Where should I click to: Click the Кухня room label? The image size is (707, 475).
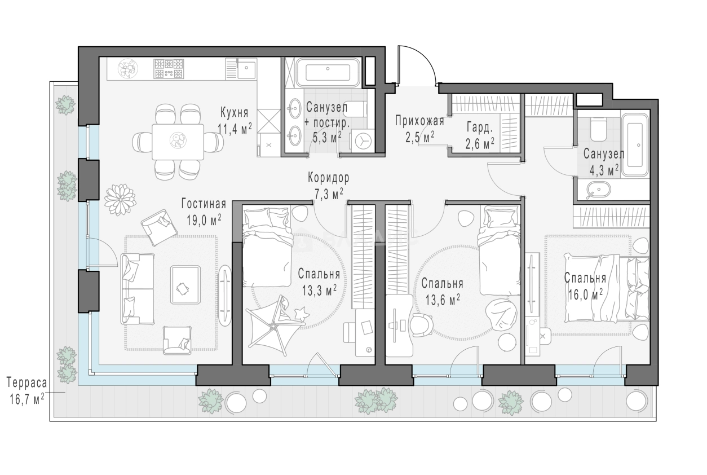pyautogui.click(x=234, y=112)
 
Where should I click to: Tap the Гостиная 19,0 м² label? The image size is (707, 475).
pyautogui.click(x=204, y=212)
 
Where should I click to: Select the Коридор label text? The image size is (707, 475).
pyautogui.click(x=329, y=178)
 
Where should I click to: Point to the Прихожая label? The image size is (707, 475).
pyautogui.click(x=420, y=121)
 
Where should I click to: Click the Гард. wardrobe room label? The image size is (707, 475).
pyautogui.click(x=479, y=127)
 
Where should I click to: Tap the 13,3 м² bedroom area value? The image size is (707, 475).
pyautogui.click(x=319, y=290)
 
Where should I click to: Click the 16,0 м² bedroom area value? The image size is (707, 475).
pyautogui.click(x=585, y=294)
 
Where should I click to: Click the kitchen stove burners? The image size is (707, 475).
pyautogui.click(x=169, y=69)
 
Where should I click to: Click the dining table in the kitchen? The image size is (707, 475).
pyautogui.click(x=178, y=142)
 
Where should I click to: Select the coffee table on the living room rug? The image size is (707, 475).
pyautogui.click(x=185, y=285)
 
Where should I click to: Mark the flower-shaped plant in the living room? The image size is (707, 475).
pyautogui.click(x=121, y=200)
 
